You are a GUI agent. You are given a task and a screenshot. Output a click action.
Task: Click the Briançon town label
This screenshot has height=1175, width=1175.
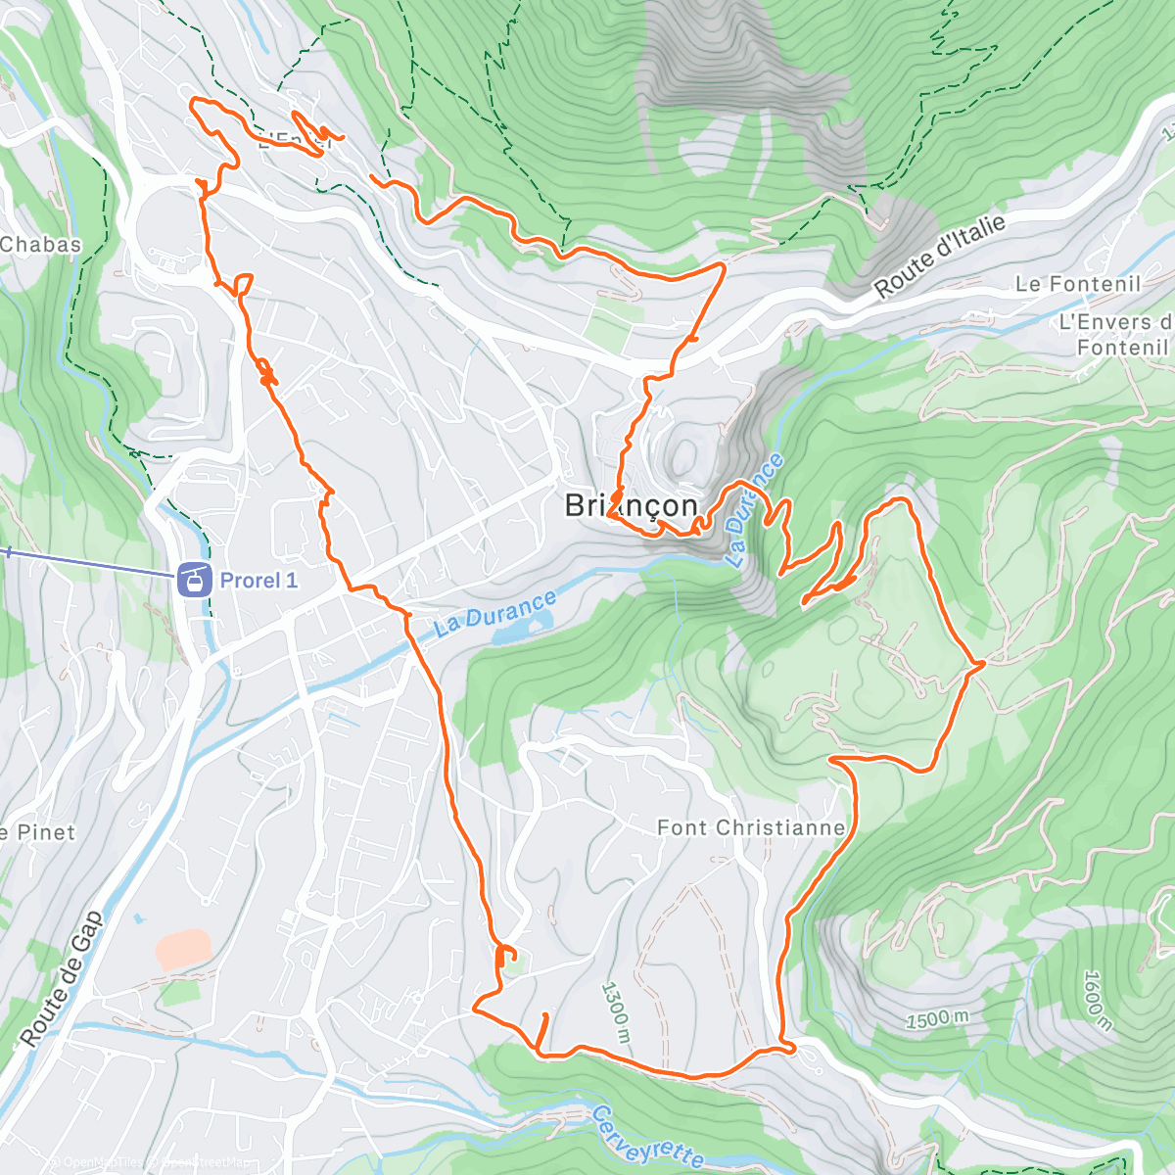click(632, 505)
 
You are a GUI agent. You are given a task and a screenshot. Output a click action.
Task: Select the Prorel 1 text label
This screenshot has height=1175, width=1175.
click(258, 581)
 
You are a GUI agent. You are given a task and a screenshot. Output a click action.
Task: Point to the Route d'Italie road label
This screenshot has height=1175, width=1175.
click(939, 257)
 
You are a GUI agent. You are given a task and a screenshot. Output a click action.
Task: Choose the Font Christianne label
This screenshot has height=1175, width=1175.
click(750, 827)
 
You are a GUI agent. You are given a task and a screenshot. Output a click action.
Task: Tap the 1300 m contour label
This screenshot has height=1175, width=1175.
click(615, 1012)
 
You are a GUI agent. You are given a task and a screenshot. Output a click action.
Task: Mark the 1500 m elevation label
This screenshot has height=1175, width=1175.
click(937, 1018)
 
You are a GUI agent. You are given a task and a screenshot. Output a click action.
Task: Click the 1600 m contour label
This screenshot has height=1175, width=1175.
click(1098, 1001)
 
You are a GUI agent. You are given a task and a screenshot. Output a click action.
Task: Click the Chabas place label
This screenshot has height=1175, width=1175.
click(41, 244)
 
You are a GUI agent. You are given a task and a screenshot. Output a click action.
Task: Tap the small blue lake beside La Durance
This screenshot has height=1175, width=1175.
click(513, 633)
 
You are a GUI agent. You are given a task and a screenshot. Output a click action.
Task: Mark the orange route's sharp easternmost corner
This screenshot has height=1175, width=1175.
click(982, 664)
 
